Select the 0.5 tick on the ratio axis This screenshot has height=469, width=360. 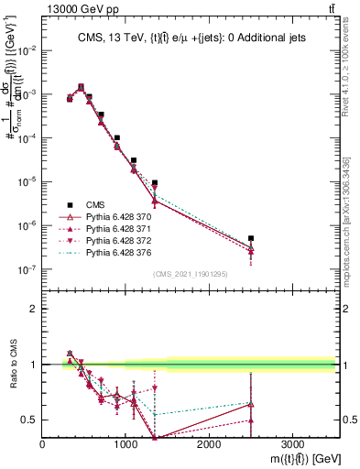30,420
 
